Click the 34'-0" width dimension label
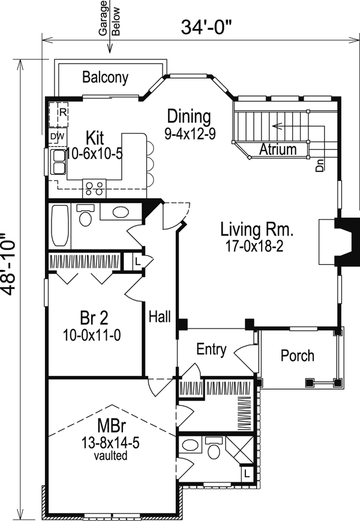[206, 27]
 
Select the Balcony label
[105, 77]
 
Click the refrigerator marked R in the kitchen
[59, 115]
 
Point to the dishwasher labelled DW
[58, 137]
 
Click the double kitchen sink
[58, 162]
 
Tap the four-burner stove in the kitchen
[94, 188]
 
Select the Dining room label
[189, 116]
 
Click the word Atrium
[278, 149]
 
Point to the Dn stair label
[319, 165]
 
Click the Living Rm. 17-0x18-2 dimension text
[254, 246]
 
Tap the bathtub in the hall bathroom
[60, 225]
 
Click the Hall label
[160, 317]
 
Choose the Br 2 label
[94, 318]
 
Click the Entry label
[211, 349]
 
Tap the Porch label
[298, 356]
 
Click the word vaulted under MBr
[110, 455]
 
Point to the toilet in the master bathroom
[214, 448]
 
